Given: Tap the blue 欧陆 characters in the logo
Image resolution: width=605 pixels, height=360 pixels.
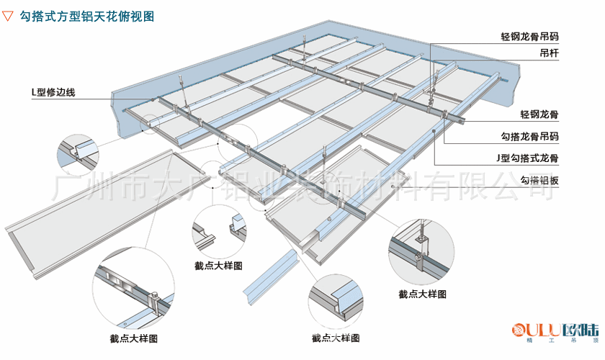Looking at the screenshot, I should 581,330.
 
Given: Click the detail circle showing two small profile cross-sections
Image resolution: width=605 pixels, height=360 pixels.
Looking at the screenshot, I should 218,230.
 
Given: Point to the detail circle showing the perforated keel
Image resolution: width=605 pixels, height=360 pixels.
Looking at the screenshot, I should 133,294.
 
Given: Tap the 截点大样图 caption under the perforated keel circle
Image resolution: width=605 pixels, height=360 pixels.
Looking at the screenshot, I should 133,338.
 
